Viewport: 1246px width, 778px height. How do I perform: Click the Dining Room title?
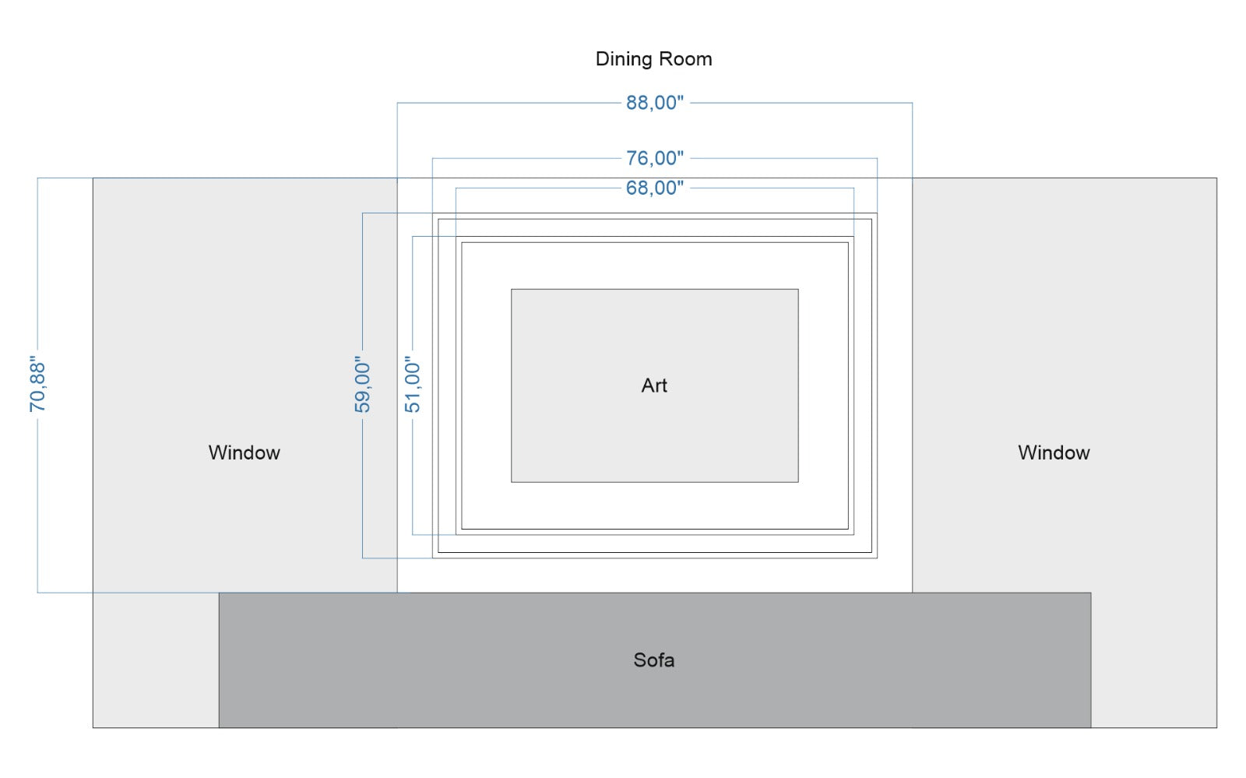(x=653, y=59)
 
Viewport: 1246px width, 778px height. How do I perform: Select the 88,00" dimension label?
(x=655, y=103)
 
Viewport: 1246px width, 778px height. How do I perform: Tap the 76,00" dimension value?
(x=655, y=159)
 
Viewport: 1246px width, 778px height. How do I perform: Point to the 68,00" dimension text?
(x=655, y=188)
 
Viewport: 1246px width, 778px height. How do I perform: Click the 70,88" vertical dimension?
(x=37, y=384)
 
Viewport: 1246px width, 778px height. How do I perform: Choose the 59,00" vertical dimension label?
(x=362, y=384)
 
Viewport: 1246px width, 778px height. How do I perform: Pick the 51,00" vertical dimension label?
(x=412, y=384)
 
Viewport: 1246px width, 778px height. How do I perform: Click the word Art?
(x=654, y=385)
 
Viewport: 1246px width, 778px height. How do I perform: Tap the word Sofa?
(x=654, y=660)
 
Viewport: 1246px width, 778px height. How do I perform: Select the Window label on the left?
(x=245, y=452)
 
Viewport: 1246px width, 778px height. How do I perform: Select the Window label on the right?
(x=1054, y=452)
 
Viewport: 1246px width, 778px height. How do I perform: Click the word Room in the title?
(x=685, y=59)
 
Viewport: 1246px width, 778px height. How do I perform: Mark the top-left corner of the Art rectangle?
(x=511, y=289)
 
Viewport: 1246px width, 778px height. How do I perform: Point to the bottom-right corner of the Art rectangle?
(x=798, y=482)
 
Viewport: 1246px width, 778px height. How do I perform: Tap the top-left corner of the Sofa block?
(x=219, y=593)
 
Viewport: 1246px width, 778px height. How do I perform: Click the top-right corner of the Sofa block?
(x=1091, y=593)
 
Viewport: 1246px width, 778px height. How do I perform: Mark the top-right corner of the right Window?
(x=1216, y=178)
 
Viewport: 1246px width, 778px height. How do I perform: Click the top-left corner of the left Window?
(x=93, y=178)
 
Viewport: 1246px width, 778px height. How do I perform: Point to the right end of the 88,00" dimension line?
(x=912, y=103)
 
